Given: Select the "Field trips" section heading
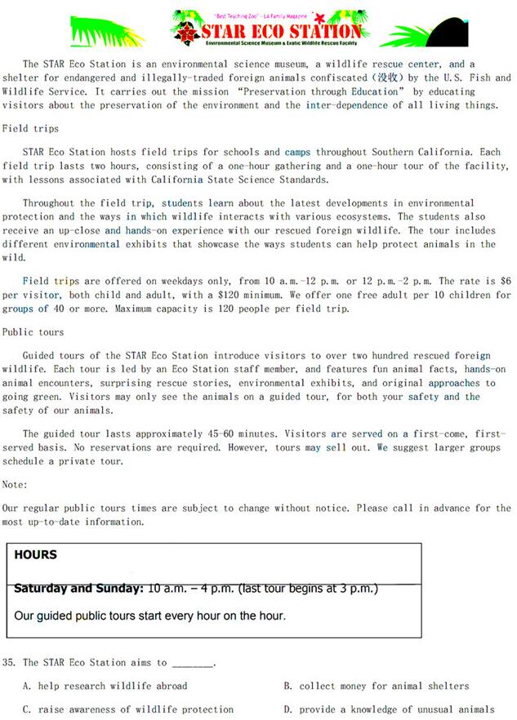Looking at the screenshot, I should point(30,129).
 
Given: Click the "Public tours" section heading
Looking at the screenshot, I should point(33,332).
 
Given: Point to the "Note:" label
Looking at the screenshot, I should point(15,485).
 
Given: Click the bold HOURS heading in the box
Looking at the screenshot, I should point(36,555).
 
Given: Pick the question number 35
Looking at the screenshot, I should point(10,663).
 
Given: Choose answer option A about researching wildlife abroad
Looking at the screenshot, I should point(105,686).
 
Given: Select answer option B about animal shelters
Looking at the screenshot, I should point(377,686).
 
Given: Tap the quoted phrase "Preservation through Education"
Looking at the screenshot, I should point(335,92).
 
